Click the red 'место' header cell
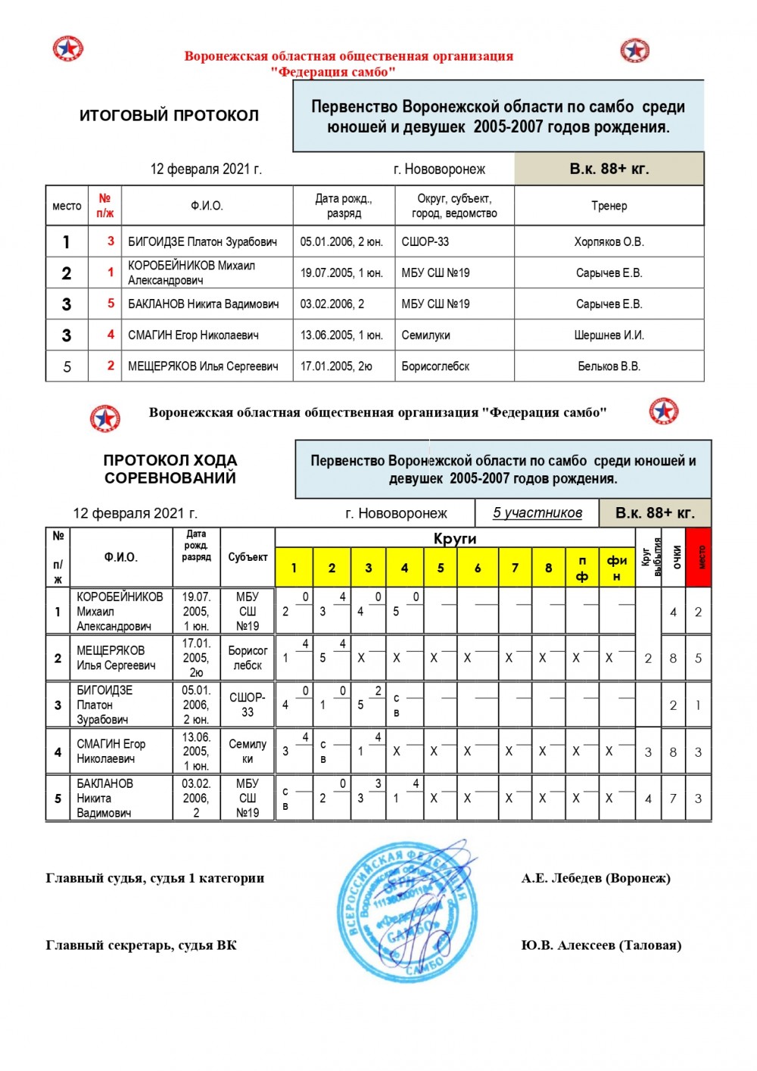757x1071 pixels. (x=698, y=557)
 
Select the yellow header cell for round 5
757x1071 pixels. (x=441, y=568)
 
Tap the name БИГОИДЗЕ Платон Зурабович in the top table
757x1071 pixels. (x=202, y=242)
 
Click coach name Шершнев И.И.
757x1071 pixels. (x=609, y=335)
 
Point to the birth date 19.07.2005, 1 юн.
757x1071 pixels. (x=341, y=272)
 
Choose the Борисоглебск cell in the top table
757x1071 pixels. (x=435, y=366)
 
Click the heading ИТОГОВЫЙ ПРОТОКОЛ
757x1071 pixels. (x=169, y=116)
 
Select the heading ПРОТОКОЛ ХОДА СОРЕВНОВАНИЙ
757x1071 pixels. (x=170, y=469)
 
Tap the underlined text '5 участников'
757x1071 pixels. (x=537, y=513)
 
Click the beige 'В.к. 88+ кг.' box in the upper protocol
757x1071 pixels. (x=609, y=169)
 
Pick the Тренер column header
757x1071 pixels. (x=609, y=206)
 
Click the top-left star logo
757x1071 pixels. (x=67, y=49)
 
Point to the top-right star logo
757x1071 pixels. (x=634, y=51)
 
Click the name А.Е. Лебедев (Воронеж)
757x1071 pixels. (x=595, y=878)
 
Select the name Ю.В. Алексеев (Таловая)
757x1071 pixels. (x=600, y=945)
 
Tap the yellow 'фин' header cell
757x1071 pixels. (x=617, y=568)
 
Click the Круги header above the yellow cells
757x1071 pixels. (x=455, y=538)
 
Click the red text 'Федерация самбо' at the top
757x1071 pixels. (x=333, y=72)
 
